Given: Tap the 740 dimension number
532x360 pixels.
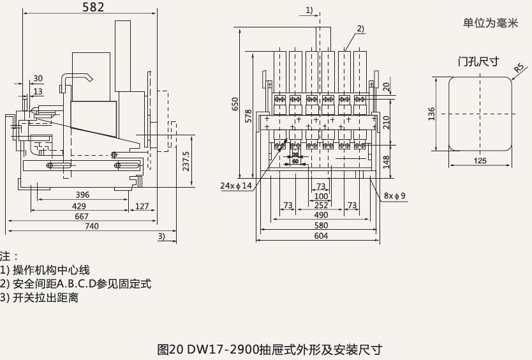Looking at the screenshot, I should tap(92, 226).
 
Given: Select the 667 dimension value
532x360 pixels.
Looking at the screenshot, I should tap(81, 216).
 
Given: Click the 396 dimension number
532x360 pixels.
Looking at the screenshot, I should tap(82, 195).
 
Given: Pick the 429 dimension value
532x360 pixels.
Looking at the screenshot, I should tap(79, 206).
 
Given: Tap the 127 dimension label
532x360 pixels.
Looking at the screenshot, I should tap(142, 206).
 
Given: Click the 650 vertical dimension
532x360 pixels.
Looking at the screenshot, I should tap(235, 105).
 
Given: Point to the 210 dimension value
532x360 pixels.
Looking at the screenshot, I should tap(386, 120).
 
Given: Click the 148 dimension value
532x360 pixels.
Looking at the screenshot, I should tap(386, 162).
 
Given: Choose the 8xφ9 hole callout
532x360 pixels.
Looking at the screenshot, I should tap(395, 195).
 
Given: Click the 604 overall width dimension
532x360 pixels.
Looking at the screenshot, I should tap(321, 236).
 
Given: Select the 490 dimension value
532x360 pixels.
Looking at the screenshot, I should tap(321, 216).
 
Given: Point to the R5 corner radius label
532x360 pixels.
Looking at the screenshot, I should tap(519, 66).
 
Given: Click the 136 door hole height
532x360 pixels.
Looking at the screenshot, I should tap(432, 114).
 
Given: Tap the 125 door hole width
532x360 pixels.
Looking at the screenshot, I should tap(480, 161).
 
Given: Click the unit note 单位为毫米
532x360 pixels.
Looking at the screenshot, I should tap(491, 23).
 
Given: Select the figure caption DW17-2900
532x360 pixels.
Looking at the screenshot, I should tap(269, 349).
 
